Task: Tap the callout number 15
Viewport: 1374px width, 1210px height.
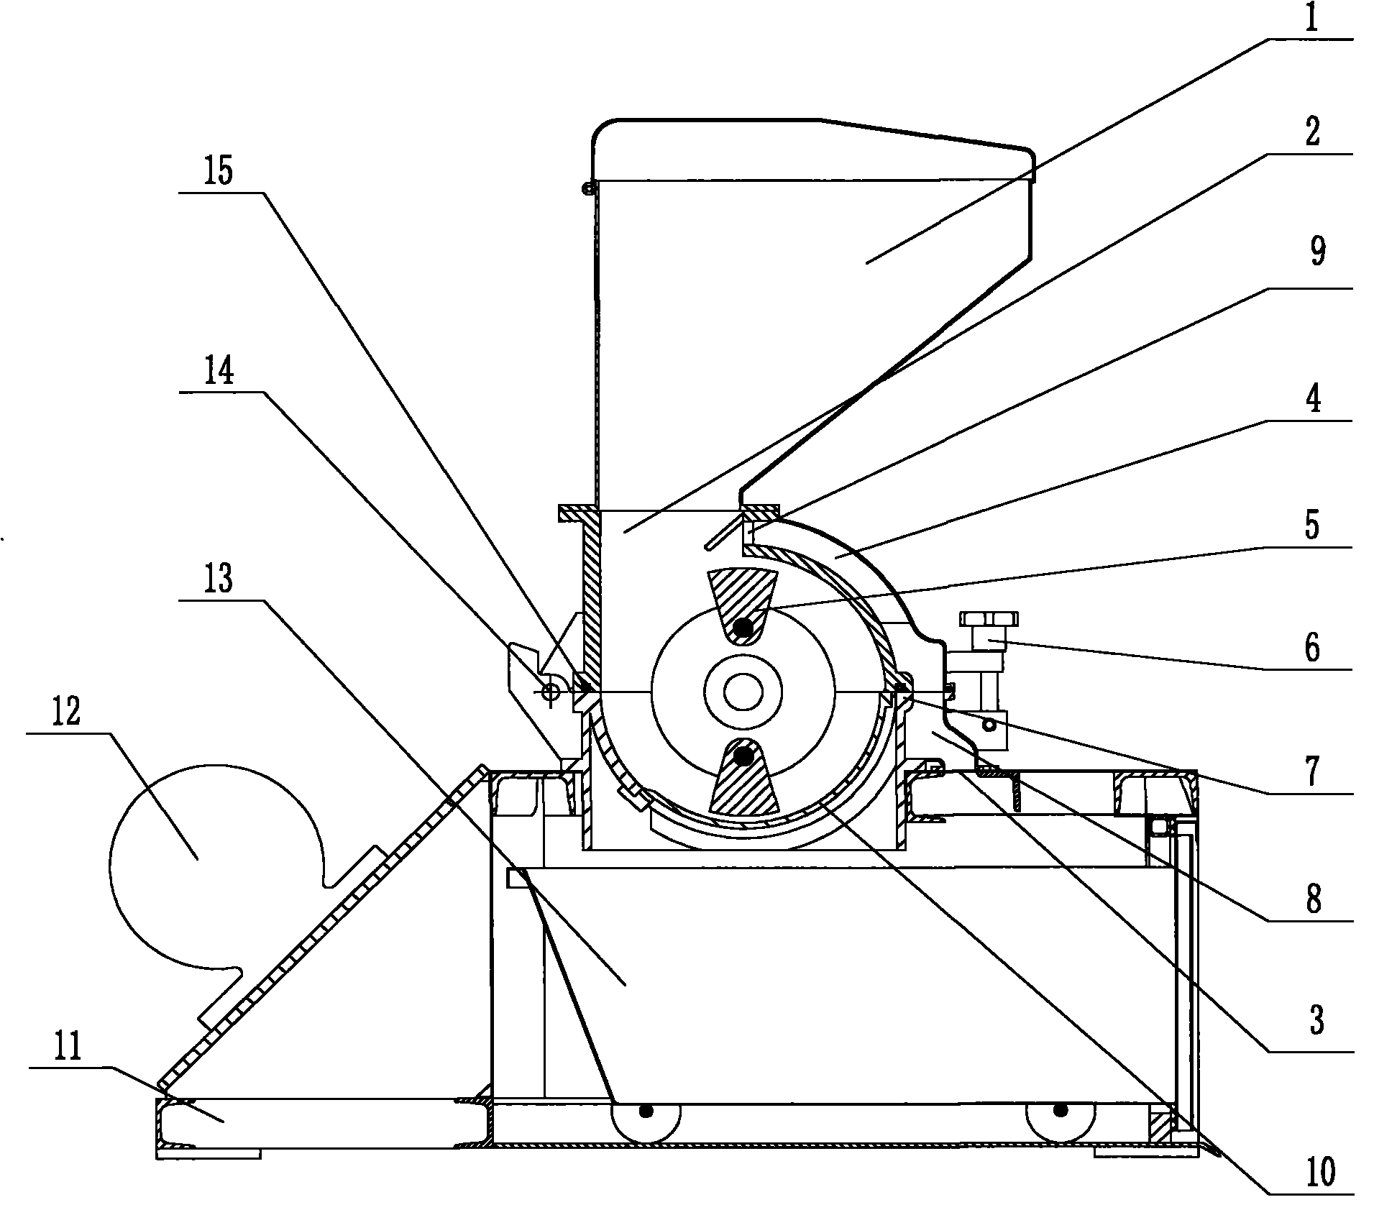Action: pos(219,173)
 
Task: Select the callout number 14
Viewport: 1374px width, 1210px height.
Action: pos(219,372)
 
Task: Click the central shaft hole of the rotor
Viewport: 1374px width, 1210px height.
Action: pos(743,692)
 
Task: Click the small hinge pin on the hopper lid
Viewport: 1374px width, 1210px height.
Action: pos(588,188)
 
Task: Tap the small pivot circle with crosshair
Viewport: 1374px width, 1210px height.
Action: pos(551,692)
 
